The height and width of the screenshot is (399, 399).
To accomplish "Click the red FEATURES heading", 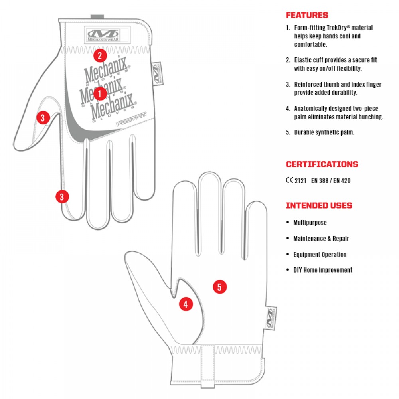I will point(307,16).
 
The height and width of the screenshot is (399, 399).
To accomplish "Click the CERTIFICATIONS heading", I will point(322,164).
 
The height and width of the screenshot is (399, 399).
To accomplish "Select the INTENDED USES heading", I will point(319,206).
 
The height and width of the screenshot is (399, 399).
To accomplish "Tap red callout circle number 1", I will point(100,94).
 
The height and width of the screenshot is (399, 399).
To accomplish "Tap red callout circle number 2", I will point(100,55).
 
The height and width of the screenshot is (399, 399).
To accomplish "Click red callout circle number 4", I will point(185,304).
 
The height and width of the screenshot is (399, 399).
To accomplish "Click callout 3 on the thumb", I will point(43,117).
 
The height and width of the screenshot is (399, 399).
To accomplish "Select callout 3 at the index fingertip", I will point(61,196).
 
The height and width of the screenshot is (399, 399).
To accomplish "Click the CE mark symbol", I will point(289,180).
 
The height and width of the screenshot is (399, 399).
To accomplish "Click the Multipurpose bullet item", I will point(310,223).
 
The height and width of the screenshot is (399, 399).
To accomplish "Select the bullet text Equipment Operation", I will point(320,255).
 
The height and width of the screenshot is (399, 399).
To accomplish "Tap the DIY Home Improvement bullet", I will point(323,270).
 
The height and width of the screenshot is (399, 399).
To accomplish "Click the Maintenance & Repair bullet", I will point(321,239).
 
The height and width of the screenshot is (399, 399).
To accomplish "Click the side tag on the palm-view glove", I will point(269,318).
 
